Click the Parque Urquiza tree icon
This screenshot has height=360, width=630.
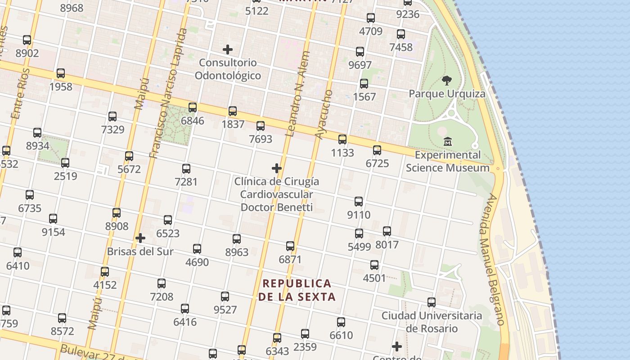click(447, 81)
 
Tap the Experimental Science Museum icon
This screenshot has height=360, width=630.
click(448, 141)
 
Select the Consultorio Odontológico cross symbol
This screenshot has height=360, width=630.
click(228, 49)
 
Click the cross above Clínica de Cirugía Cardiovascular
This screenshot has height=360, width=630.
click(277, 168)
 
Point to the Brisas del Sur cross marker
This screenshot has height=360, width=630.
click(140, 238)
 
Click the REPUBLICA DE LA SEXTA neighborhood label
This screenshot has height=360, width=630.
click(297, 290)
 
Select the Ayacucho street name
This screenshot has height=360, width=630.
click(324, 115)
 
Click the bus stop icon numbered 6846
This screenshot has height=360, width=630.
click(193, 108)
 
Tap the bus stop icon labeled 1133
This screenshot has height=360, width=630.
click(342, 139)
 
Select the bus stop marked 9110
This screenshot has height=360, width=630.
click(359, 202)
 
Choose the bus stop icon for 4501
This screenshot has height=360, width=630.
click(374, 265)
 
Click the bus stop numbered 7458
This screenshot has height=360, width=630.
click(401, 34)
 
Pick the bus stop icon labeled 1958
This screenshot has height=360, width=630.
click(61, 73)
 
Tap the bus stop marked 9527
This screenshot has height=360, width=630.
click(225, 297)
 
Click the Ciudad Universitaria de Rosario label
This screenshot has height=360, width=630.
click(432, 322)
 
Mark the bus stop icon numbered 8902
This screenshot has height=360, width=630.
click(27, 40)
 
